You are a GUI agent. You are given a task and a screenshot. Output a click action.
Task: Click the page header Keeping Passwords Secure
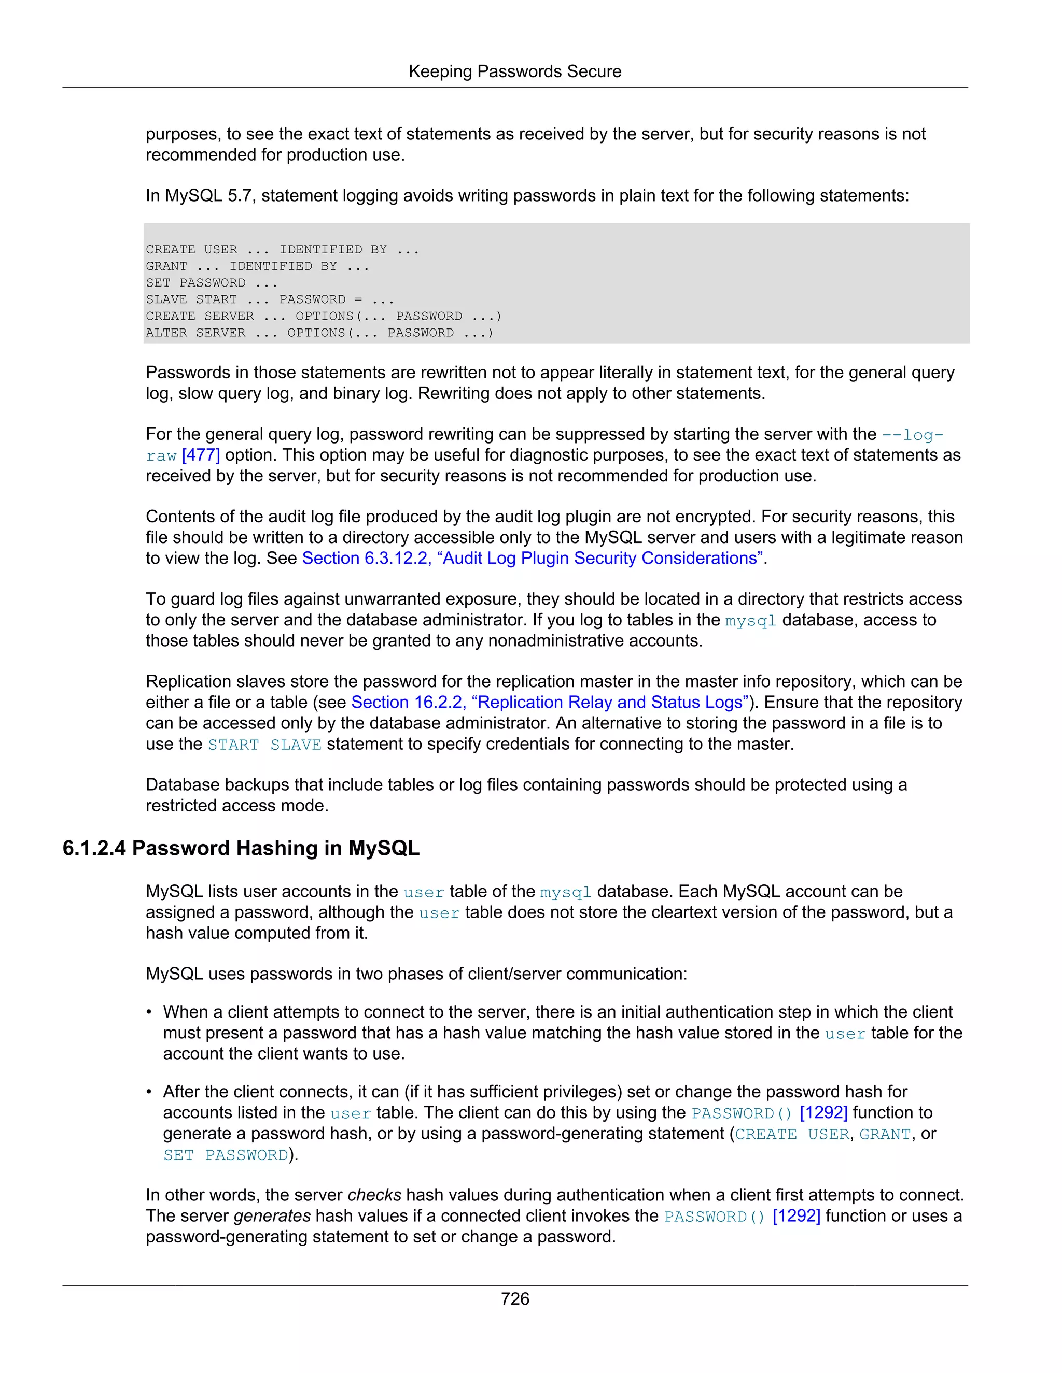[514, 71]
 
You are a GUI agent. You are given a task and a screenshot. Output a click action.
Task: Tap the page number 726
[514, 1299]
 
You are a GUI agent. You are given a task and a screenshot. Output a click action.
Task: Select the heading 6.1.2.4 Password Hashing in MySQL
[241, 848]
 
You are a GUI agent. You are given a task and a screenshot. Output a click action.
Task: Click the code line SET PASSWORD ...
[212, 283]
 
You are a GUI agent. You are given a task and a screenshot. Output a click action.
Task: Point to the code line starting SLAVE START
[269, 299]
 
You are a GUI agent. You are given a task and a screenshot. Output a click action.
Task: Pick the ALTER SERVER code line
[319, 333]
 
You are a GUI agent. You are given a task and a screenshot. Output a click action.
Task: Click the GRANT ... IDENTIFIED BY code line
[257, 266]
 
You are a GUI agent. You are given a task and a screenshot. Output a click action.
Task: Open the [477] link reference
[201, 455]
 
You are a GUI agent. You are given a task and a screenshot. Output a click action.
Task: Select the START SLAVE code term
[264, 745]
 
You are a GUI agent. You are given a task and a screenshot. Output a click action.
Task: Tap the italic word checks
[374, 1195]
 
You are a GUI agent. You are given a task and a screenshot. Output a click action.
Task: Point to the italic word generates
[272, 1216]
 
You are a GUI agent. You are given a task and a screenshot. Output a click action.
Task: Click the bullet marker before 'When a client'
[149, 1013]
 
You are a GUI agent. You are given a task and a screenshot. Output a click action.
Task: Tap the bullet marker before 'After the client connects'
[149, 1093]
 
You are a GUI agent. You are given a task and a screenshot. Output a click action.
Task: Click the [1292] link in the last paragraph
[796, 1216]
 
